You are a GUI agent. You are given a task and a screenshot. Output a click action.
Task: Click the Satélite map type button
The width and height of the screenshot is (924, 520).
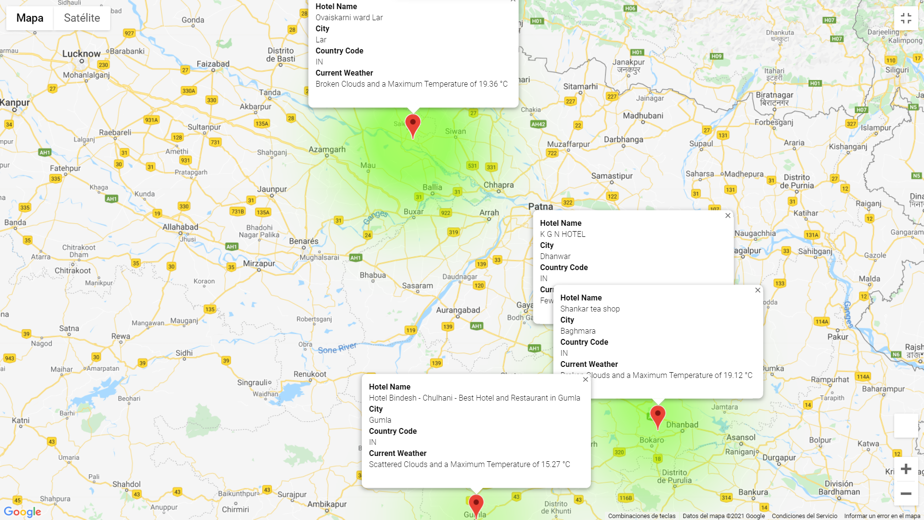[x=82, y=18]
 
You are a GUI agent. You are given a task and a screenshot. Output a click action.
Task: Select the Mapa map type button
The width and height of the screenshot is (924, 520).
[x=30, y=18]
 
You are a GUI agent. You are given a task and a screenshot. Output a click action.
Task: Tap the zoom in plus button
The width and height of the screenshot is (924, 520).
[x=906, y=469]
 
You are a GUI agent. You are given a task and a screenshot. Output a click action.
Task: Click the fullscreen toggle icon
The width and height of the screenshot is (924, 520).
[x=906, y=18]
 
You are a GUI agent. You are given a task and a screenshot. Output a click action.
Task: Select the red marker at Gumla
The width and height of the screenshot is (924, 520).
[x=476, y=505]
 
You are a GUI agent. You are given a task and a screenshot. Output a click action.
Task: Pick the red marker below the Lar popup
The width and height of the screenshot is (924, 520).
[x=413, y=124]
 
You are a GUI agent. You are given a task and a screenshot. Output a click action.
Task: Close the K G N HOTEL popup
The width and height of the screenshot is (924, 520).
[x=728, y=216]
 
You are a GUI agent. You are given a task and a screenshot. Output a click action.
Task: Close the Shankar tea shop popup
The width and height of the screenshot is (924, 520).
[x=757, y=290]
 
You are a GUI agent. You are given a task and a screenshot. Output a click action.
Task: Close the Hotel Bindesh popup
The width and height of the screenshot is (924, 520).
[x=585, y=379]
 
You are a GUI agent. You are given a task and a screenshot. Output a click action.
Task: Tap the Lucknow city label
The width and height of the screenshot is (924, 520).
[x=81, y=53]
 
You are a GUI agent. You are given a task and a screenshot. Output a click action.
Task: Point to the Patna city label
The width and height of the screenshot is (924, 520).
[x=540, y=207]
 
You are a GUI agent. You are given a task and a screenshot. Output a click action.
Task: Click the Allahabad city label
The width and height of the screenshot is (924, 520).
[x=180, y=227]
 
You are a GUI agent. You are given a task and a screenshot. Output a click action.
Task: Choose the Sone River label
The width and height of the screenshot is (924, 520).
[x=337, y=348]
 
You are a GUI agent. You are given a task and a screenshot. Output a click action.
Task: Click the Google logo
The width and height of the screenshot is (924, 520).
[x=23, y=512]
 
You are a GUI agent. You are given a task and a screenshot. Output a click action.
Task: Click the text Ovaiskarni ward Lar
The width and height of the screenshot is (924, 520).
[x=349, y=18]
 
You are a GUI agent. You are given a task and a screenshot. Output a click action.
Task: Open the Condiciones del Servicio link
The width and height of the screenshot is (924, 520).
[x=804, y=516]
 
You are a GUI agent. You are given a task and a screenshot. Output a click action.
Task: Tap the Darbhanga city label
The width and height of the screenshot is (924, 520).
[x=623, y=140]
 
